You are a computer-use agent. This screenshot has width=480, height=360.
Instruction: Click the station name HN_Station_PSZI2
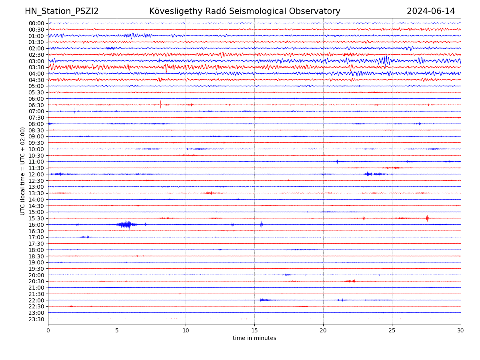tap(62, 11)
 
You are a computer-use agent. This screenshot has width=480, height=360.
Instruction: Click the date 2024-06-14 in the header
tap(431, 11)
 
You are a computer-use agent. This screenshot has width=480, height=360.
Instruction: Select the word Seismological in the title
tap(260, 11)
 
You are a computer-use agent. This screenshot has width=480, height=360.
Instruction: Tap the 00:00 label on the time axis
tap(36, 23)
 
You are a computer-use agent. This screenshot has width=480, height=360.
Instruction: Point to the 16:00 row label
tap(36, 225)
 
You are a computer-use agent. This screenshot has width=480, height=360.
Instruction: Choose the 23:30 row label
tap(36, 319)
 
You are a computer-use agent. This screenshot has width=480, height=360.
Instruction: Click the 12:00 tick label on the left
tap(36, 174)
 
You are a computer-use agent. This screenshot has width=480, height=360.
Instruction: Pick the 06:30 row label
tap(36, 105)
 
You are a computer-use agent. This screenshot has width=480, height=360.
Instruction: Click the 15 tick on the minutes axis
tap(254, 330)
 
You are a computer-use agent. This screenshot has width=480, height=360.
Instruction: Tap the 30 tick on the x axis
tap(461, 330)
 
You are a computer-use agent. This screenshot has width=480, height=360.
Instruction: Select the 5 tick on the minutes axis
tap(117, 330)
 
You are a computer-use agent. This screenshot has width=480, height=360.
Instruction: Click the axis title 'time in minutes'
tap(254, 338)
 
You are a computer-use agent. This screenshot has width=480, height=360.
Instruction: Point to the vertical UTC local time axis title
tap(23, 171)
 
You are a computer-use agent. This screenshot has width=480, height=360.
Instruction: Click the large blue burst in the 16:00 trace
tap(126, 224)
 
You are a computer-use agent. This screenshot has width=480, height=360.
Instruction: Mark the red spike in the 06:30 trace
tap(160, 104)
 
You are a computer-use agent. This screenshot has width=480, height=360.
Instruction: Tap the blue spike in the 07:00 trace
tap(75, 111)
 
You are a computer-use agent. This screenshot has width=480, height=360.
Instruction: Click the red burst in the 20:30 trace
tap(351, 281)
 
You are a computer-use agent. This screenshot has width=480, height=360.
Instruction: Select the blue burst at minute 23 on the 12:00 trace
tap(368, 174)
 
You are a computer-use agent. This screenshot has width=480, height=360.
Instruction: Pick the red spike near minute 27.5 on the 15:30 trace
tap(427, 218)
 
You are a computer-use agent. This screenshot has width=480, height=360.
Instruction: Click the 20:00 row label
tap(36, 275)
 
